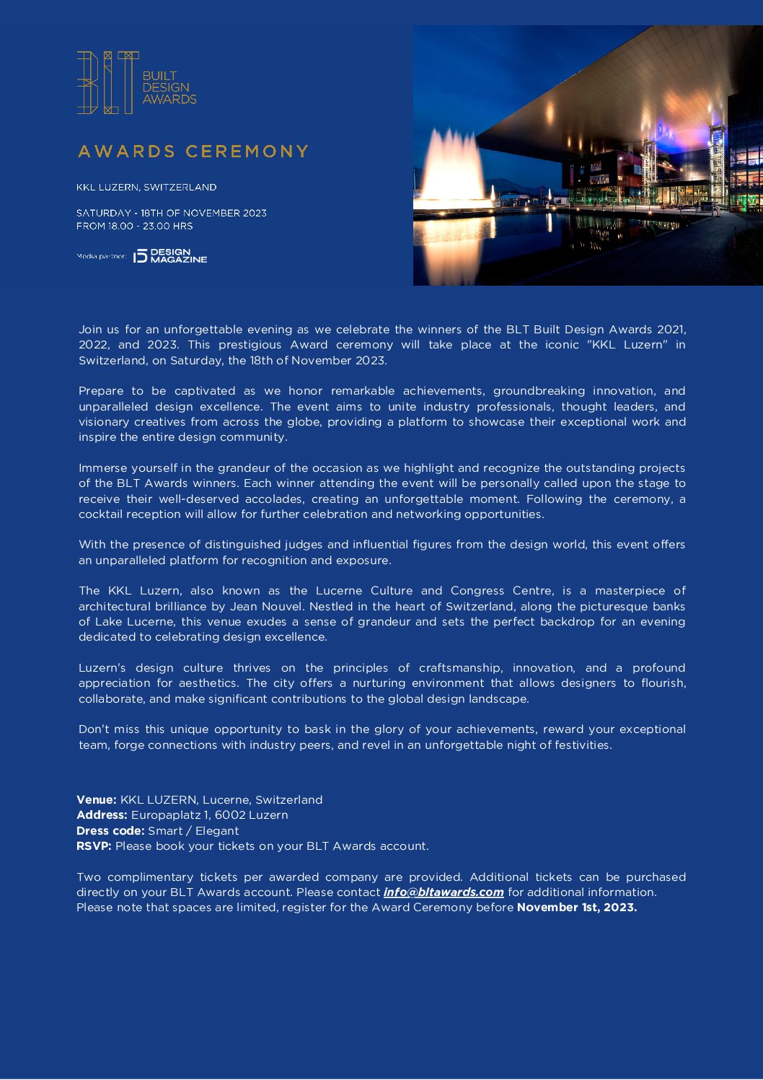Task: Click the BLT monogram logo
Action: tap(107, 82)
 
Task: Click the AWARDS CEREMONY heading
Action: tap(193, 152)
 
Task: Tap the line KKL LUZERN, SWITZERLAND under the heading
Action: tap(146, 187)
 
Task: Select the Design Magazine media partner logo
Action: tap(171, 256)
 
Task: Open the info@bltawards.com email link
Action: tap(443, 892)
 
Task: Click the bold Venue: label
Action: tap(97, 799)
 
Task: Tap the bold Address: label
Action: tap(102, 815)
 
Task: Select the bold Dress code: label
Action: tap(110, 830)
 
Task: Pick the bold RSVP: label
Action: tap(94, 846)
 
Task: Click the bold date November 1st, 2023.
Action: tap(576, 908)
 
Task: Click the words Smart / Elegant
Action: tap(193, 830)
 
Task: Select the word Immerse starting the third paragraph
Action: tap(104, 468)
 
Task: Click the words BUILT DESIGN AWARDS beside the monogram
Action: tap(169, 87)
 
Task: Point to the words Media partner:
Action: tap(101, 257)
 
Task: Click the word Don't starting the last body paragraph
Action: tap(94, 729)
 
